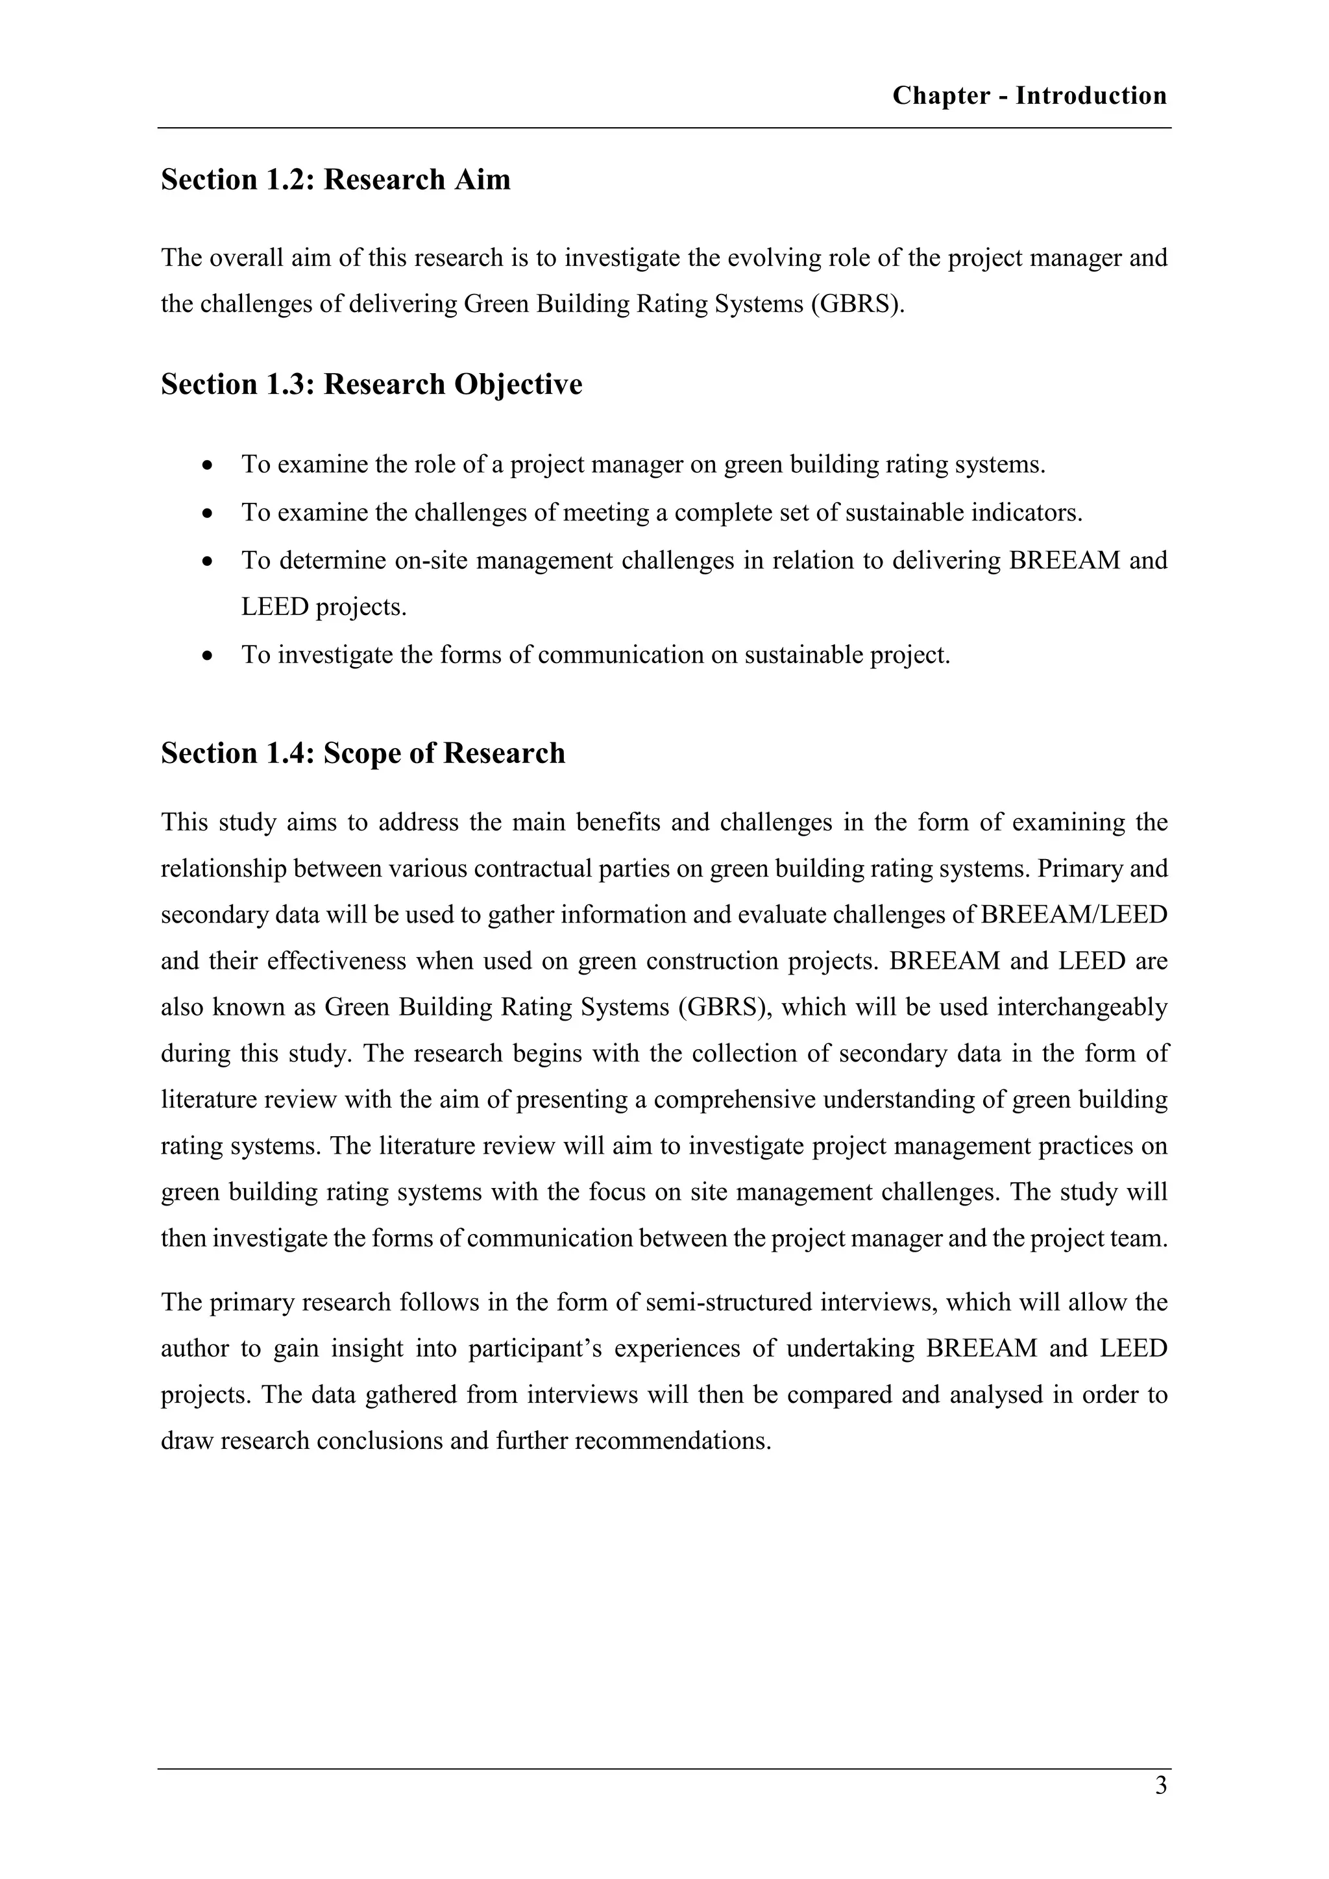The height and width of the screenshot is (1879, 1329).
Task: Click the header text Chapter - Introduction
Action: [1029, 96]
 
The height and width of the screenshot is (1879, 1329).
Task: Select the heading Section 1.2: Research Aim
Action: [335, 180]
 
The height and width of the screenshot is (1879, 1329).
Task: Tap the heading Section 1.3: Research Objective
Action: [372, 385]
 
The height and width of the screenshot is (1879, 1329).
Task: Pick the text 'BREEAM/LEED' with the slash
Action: [1074, 915]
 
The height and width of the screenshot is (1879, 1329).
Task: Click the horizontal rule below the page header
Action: [664, 128]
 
